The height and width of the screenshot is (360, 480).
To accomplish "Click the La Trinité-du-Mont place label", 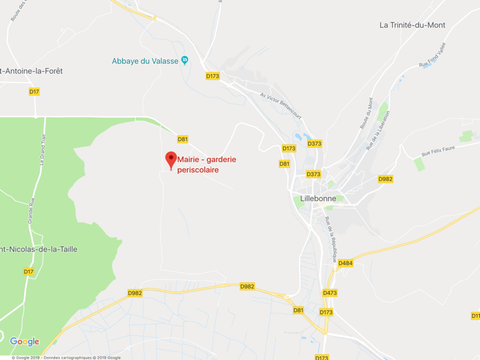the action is click(412, 25).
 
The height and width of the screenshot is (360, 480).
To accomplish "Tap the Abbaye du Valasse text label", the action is click(145, 61).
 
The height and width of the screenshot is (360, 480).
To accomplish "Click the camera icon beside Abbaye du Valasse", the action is click(184, 60).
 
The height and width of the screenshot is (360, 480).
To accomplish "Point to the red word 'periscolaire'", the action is click(198, 170).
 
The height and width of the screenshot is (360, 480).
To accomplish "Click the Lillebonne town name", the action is click(318, 198).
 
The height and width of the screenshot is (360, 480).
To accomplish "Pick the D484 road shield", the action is click(345, 263).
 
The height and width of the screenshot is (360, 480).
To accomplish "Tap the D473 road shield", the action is click(330, 292).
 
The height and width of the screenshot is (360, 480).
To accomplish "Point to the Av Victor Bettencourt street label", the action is click(281, 104).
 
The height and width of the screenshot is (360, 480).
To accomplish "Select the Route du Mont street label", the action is click(366, 113).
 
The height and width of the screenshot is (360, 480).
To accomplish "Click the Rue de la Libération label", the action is click(378, 130).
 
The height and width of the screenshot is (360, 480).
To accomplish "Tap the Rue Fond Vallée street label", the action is click(432, 55).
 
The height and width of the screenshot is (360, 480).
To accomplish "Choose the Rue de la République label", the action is click(330, 239).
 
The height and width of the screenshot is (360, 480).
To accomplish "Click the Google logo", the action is click(24, 342).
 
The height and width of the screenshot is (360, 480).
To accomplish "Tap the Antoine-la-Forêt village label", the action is click(32, 71).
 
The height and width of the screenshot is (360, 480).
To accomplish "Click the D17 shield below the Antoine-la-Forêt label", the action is click(34, 91).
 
